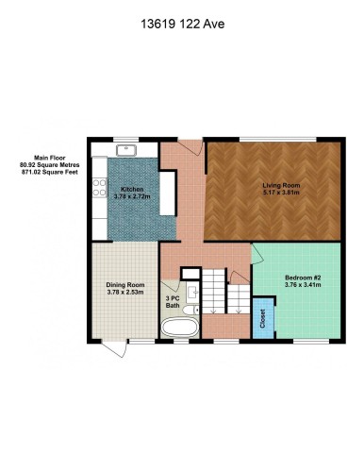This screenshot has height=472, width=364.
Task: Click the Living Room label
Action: coord(280,186)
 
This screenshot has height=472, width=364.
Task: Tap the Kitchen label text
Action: coord(132,190)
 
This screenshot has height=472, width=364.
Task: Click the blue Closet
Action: coord(261,319)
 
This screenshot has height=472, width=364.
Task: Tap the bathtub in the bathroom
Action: coord(179,329)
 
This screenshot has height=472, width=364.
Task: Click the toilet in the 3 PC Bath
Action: coord(192,309)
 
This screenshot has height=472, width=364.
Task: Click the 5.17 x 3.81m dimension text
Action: coord(281,194)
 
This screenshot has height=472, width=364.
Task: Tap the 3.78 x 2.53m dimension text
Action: coord(124,293)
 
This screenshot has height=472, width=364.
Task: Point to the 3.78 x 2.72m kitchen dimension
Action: coord(132,196)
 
